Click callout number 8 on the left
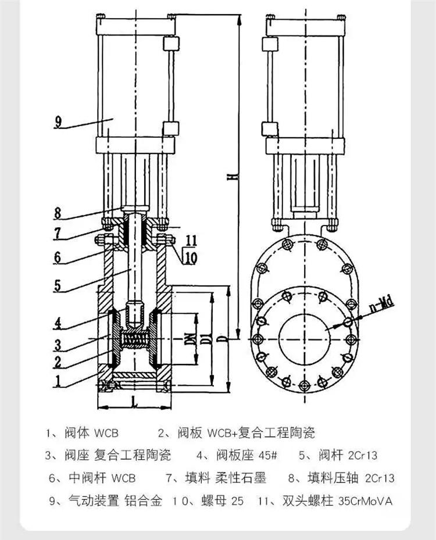point(58,213)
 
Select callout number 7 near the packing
point(58,233)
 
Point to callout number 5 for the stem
point(58,286)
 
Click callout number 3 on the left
point(58,345)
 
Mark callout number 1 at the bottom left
point(58,382)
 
